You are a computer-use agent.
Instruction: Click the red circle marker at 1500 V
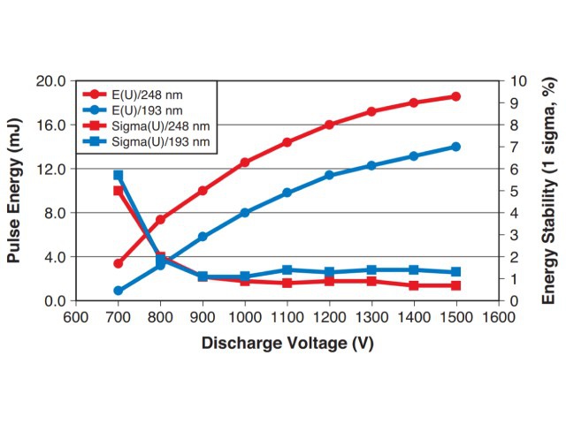tap(456, 96)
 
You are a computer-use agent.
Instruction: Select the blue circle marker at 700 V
tap(118, 291)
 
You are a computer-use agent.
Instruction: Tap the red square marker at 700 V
tap(118, 191)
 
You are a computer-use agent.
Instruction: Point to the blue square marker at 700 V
tap(118, 175)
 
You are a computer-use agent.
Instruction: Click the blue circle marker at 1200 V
tap(329, 175)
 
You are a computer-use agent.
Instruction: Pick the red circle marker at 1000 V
tap(245, 163)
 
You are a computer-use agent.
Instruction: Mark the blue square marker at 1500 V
tap(456, 272)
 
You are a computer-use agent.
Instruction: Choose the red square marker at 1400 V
tap(414, 286)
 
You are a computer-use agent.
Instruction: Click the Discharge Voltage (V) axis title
tap(287, 343)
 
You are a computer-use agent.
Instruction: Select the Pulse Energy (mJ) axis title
tap(14, 190)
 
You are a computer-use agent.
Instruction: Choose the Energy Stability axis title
tap(549, 190)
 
